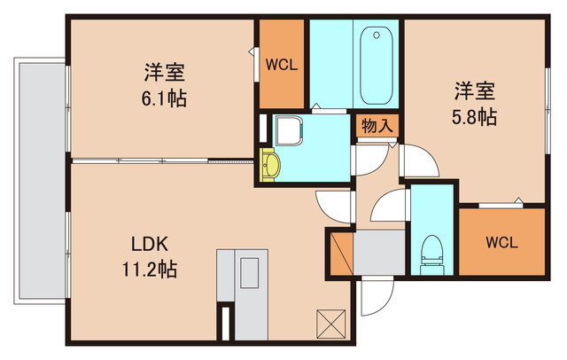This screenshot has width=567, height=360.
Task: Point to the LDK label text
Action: [151, 246]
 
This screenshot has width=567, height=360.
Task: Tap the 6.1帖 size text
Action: [164, 98]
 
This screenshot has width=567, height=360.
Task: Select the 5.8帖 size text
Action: [474, 115]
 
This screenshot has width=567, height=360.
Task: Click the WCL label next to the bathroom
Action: [282, 64]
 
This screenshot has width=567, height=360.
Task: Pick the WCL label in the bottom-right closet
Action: [501, 241]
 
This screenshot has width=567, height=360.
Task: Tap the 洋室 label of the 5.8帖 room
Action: [474, 90]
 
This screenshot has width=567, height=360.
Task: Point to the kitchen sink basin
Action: [249, 270]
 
